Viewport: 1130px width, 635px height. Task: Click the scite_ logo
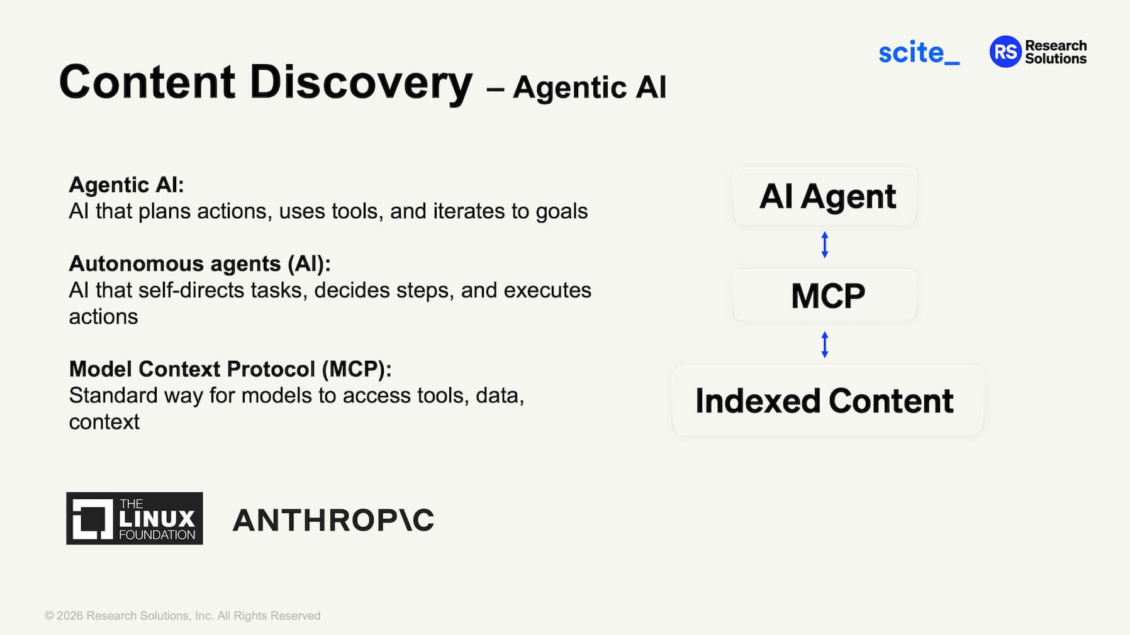(x=919, y=52)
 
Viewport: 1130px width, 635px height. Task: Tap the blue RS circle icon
(x=1005, y=52)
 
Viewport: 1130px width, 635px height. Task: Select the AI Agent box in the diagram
(x=825, y=196)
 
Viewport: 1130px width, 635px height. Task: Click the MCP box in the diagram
(x=825, y=295)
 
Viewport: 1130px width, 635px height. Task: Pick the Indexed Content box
(x=827, y=400)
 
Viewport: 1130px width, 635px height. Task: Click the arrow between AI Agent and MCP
(x=825, y=245)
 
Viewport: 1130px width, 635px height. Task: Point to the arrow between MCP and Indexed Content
(x=825, y=345)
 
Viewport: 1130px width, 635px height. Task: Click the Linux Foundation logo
(x=135, y=519)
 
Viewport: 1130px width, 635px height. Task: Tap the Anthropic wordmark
(x=333, y=520)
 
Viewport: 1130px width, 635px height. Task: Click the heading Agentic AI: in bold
(x=126, y=185)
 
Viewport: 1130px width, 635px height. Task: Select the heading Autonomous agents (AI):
(x=200, y=263)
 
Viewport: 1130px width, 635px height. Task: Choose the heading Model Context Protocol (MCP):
(x=230, y=369)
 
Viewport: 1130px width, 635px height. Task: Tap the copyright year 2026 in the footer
(x=70, y=616)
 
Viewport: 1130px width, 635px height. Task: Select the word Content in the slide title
(x=147, y=82)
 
